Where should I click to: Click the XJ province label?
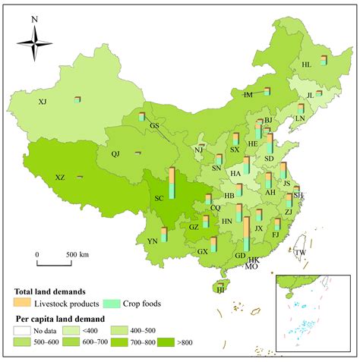tap(43, 102)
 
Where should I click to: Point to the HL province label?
tap(306, 65)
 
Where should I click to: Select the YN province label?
tap(153, 241)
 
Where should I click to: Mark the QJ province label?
tap(115, 154)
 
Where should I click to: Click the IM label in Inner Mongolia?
tap(248, 95)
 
